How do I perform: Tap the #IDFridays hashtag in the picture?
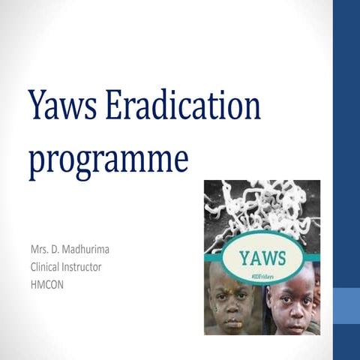pos(262,277)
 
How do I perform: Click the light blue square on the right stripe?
pos(346,308)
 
